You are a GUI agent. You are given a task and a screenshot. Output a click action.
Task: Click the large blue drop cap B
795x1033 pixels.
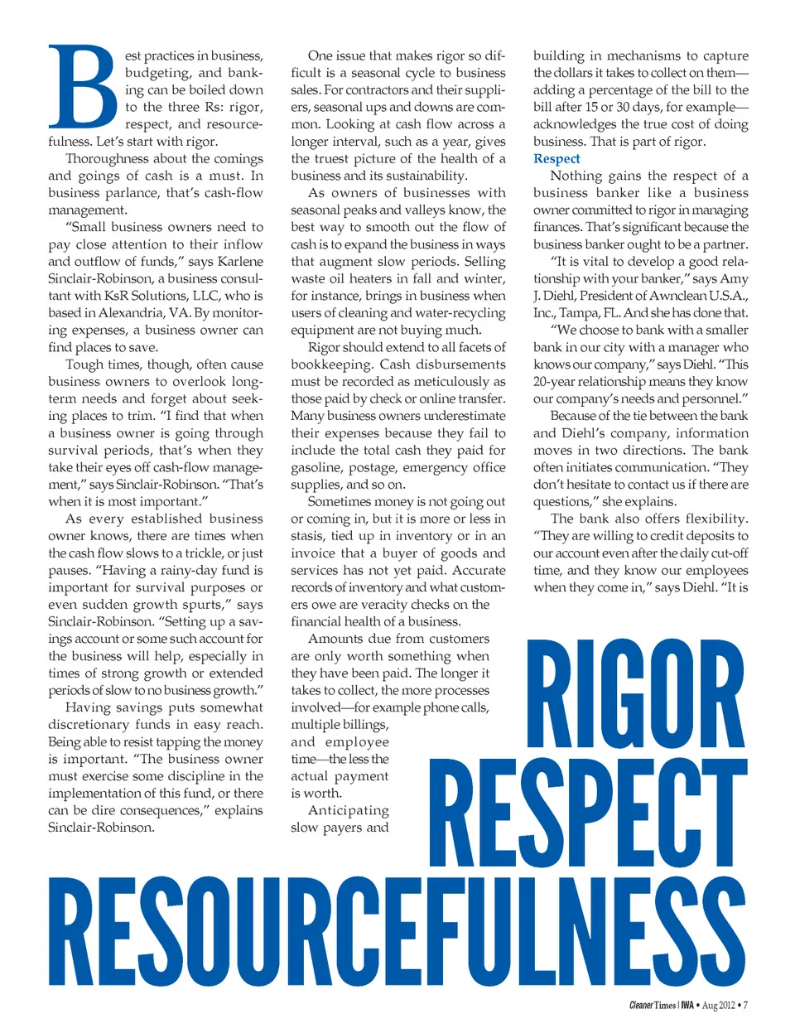[x=82, y=87]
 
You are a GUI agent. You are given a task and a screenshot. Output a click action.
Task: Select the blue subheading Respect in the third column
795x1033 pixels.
[x=556, y=158]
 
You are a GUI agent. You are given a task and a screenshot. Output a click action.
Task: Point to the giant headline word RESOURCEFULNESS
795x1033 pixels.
[x=397, y=933]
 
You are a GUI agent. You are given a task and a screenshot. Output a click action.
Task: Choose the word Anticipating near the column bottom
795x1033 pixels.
[x=348, y=810]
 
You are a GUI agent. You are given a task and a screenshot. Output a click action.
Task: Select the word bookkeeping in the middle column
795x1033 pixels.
[x=330, y=364]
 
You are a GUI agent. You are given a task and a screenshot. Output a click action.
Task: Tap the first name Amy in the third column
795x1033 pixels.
[x=734, y=278]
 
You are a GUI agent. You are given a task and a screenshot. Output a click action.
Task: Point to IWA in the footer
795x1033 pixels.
[x=687, y=1006]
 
